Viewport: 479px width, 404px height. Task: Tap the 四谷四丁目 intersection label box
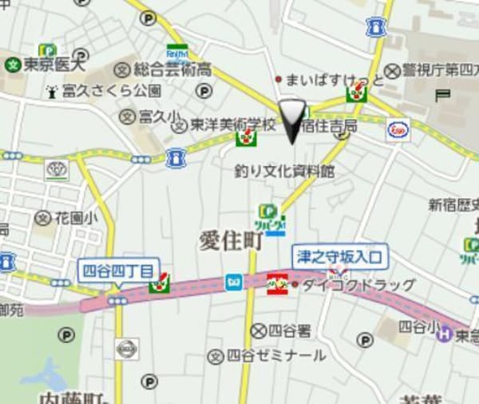point(120,270)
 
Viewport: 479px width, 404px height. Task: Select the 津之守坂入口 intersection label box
point(340,256)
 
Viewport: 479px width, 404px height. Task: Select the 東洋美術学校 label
point(232,125)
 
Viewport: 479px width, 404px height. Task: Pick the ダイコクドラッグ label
point(357,284)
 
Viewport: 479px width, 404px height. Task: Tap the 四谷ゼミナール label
point(275,355)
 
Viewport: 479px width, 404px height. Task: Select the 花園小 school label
point(76,217)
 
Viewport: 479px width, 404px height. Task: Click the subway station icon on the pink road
point(234,281)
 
